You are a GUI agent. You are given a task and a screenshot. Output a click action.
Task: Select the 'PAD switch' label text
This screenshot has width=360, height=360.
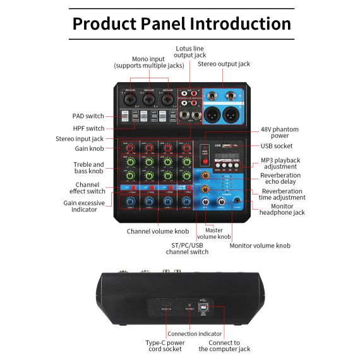[88, 116]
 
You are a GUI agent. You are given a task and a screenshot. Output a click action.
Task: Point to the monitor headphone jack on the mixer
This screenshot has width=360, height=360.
[237, 203]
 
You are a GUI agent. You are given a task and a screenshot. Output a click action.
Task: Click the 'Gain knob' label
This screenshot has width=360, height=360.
[89, 149]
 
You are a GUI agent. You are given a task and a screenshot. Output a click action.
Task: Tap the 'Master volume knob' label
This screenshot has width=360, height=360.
[214, 234]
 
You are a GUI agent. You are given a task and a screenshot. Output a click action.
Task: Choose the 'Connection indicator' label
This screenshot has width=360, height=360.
[195, 333]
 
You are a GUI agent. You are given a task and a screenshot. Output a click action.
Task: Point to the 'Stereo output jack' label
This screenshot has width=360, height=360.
[224, 64]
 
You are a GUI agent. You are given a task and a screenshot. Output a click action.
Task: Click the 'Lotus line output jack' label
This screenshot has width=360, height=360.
[190, 51]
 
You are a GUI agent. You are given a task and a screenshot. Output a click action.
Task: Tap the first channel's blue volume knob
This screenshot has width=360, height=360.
[130, 201]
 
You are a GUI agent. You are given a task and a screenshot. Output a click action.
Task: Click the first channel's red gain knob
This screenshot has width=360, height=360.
[130, 149]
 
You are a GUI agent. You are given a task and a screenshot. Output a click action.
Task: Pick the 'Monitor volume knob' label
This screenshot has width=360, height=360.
[260, 246]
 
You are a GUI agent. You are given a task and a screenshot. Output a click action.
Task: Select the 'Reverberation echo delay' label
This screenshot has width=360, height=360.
[280, 179]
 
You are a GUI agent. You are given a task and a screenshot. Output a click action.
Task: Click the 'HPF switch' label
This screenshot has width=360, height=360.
[89, 128]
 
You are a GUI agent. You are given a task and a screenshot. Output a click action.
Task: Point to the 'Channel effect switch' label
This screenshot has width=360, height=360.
[87, 188]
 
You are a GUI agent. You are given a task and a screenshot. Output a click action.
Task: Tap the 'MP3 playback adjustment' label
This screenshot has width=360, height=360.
[280, 164]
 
